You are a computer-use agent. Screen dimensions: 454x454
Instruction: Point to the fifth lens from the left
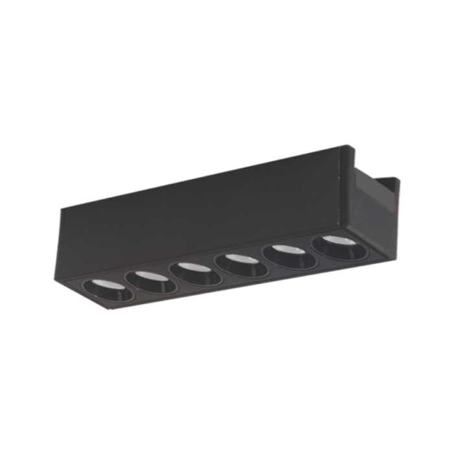coord(289,256)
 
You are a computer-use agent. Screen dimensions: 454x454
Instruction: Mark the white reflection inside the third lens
coord(194,267)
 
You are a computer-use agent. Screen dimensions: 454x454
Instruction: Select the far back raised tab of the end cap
coord(397,180)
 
